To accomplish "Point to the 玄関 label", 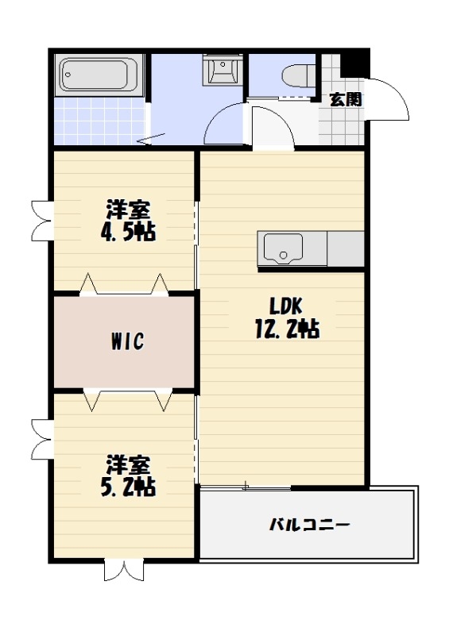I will pyautogui.click(x=346, y=99).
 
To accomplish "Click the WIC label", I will pyautogui.click(x=126, y=342).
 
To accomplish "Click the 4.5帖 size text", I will pyautogui.click(x=128, y=233).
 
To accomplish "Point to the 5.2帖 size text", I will pyautogui.click(x=128, y=487).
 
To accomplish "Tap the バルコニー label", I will pyautogui.click(x=309, y=525).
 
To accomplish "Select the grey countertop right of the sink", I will pyautogui.click(x=346, y=249).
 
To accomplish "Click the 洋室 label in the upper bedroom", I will pyautogui.click(x=128, y=210).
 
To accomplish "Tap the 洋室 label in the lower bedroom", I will pyautogui.click(x=128, y=464).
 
